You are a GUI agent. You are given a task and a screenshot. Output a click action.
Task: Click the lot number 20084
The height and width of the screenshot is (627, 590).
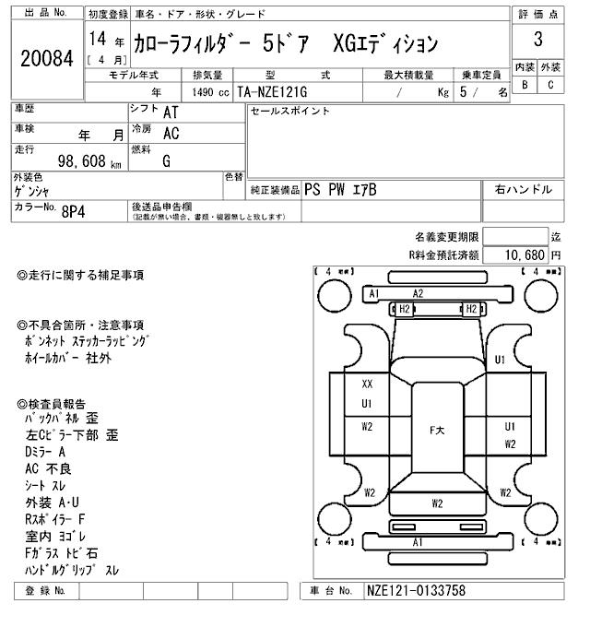pos(45,58)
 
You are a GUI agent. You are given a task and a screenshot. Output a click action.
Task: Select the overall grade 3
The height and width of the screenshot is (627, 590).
pos(537,40)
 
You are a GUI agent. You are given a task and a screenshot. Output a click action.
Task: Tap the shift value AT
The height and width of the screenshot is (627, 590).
pos(171,112)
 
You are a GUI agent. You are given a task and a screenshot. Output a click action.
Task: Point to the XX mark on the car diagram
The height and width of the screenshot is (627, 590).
pos(367,384)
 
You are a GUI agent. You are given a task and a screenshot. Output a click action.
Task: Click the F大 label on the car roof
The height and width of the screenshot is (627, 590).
pos(437,430)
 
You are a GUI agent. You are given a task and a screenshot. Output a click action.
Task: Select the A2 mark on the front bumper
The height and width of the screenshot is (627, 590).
pos(418,293)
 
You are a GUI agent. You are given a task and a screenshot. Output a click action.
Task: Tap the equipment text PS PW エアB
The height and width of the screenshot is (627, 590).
pos(339,190)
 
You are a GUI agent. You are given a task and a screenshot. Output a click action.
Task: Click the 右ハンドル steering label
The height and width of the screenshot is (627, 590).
pos(523,190)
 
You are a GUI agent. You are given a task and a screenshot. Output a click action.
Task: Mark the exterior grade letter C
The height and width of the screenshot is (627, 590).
pos(550,86)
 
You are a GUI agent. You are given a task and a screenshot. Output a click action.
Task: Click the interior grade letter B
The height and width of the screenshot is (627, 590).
pos(525,86)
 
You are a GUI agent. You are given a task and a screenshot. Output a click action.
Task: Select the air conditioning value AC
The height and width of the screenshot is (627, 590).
pos(171,133)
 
